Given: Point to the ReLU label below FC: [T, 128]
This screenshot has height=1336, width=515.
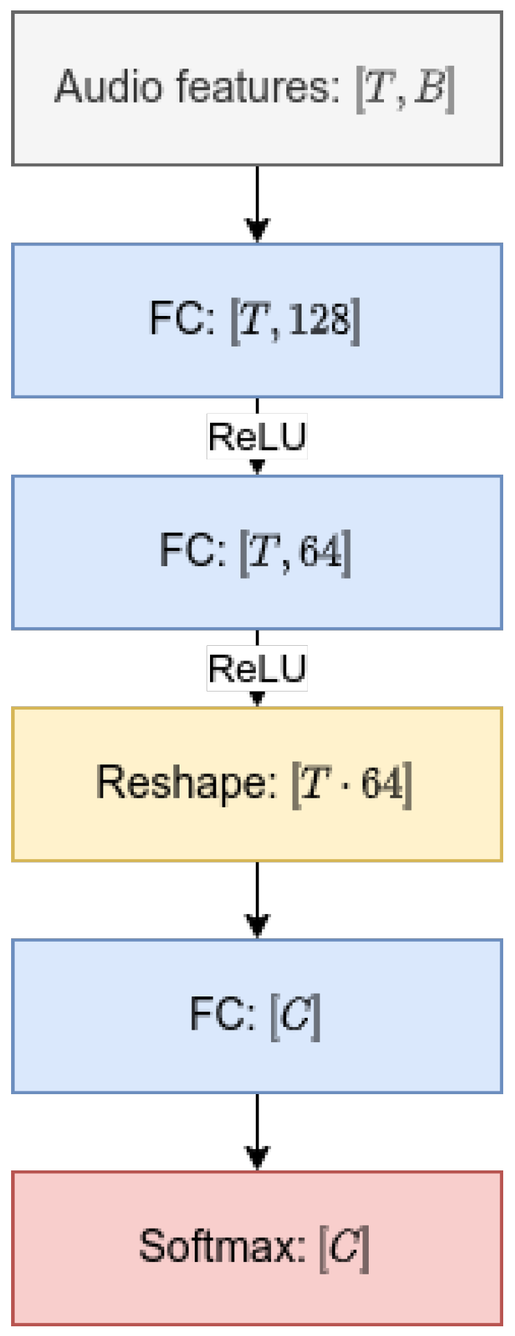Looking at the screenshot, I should coord(257,437).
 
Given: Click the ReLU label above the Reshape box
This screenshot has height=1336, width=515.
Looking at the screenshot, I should coord(257,669).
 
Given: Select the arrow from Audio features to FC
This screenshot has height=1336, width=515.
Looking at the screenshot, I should coord(257,204).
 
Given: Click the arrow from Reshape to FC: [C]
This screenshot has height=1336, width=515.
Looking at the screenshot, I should coord(257,901).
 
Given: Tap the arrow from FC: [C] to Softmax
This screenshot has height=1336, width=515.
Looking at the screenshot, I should coord(257,1133).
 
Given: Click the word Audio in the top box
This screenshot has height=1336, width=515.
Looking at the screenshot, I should coord(111,87).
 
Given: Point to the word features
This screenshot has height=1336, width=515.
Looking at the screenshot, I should coord(257,87).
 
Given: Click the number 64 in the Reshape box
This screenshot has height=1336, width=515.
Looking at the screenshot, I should coord(382,784).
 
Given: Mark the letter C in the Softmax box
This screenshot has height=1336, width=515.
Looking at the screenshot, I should coord(344,1247).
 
